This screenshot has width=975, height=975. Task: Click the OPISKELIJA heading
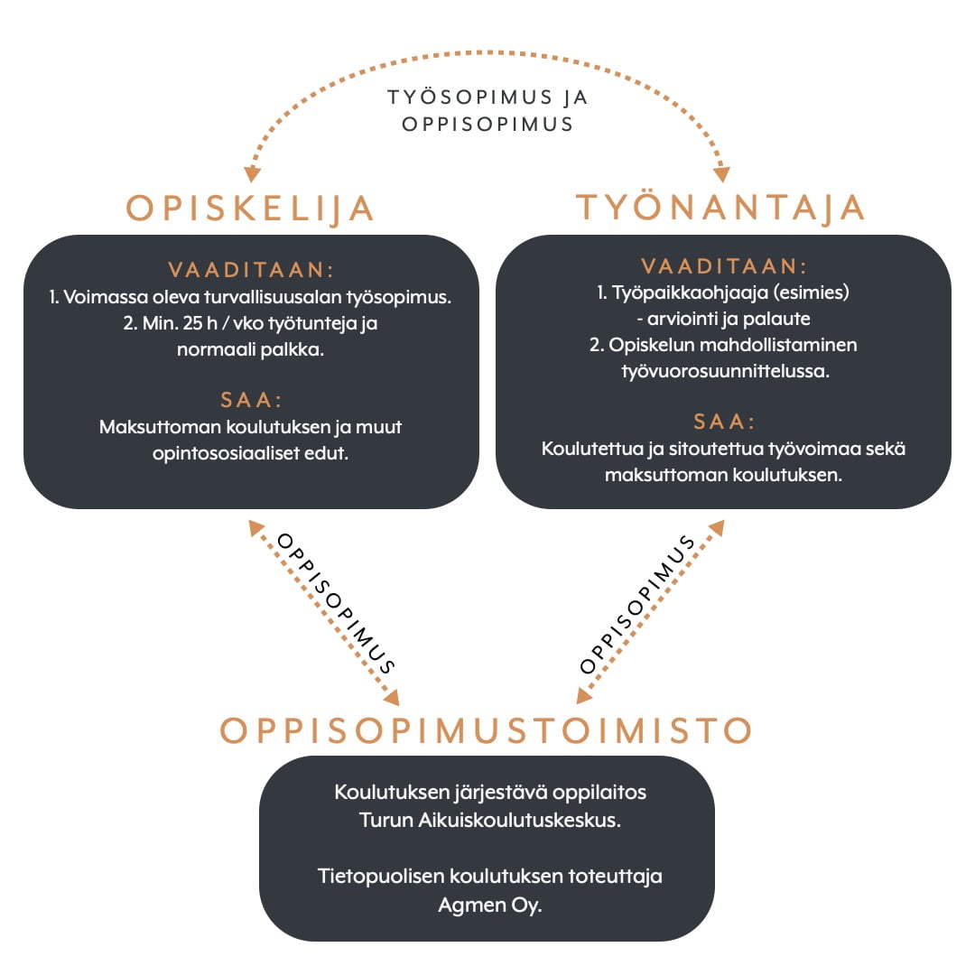click(250, 209)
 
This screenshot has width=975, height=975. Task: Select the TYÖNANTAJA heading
click(720, 207)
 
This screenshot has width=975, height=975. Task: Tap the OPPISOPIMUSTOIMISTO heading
click(487, 730)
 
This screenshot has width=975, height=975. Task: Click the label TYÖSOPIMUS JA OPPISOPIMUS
click(487, 111)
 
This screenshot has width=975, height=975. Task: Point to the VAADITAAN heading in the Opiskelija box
click(251, 270)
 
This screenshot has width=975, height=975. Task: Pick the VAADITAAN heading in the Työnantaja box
click(724, 266)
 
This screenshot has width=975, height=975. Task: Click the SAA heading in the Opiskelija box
click(251, 400)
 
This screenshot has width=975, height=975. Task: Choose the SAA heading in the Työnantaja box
click(724, 422)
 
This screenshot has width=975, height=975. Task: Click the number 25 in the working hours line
click(193, 323)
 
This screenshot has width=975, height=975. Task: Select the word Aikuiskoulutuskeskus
click(519, 820)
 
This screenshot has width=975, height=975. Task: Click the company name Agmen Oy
click(490, 905)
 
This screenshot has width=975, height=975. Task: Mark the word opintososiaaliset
click(227, 453)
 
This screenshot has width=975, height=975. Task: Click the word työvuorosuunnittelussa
click(725, 371)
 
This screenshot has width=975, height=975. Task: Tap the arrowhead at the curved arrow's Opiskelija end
click(252, 173)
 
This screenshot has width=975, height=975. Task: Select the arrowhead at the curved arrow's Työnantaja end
click(722, 173)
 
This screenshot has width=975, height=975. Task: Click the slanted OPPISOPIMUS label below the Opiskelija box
click(336, 603)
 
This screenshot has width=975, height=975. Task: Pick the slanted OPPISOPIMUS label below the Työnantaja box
click(637, 604)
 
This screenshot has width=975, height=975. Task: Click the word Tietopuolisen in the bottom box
click(381, 877)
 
